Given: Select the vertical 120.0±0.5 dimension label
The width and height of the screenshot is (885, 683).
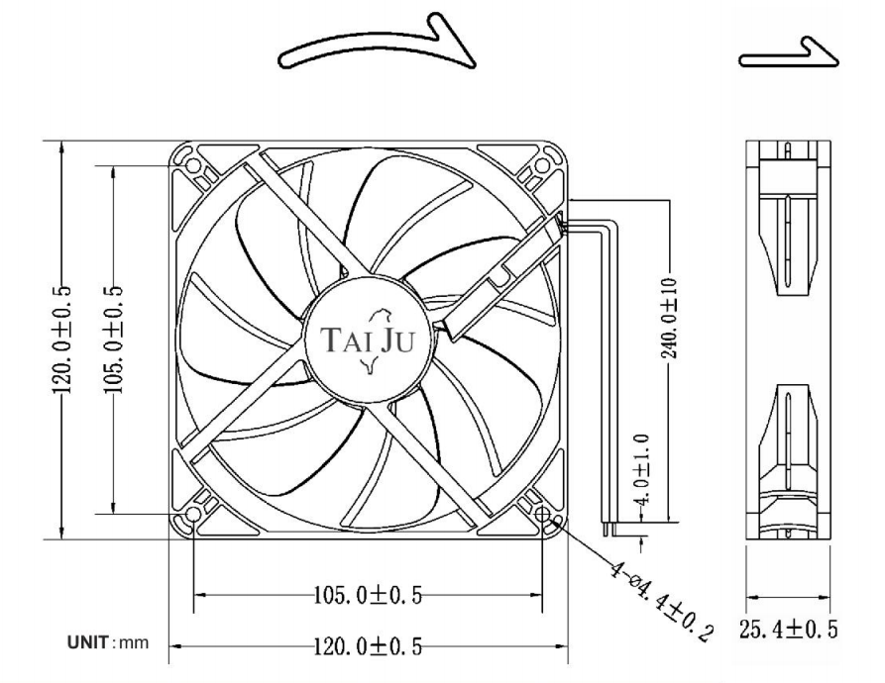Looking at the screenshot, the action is (62, 341).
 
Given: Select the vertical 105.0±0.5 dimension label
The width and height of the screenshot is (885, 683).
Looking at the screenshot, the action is (113, 341).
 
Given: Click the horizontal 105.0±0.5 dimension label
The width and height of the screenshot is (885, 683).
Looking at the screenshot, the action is (368, 595).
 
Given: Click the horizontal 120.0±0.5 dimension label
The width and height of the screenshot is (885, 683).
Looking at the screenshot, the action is (368, 646).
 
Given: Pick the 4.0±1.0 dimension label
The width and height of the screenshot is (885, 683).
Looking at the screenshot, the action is (642, 469).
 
